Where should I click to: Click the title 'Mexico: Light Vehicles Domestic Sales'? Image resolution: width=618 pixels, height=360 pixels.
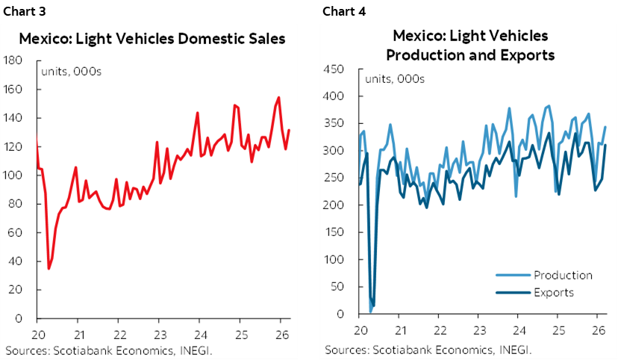tap(152, 39)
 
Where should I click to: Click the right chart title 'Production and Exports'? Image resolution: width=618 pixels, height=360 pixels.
tap(469, 55)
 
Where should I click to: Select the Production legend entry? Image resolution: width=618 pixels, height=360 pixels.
tap(563, 275)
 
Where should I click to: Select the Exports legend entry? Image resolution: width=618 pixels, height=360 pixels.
tap(553, 292)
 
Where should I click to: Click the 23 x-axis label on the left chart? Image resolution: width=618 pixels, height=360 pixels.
tap(158, 332)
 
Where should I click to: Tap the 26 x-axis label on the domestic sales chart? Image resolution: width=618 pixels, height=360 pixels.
tap(278, 332)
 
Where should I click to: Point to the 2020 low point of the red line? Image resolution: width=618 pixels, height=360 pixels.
tap(49, 268)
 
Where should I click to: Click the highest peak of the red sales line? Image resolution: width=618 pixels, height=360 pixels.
tap(278, 97)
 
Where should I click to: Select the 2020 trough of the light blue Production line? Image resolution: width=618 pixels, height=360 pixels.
tap(370, 312)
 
